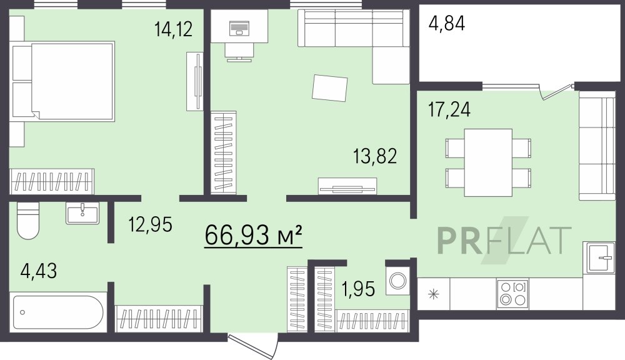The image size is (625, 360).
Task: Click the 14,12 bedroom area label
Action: pyautogui.click(x=173, y=29)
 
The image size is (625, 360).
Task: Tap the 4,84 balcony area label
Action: pyautogui.click(x=447, y=23)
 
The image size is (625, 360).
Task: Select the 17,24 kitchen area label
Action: pyautogui.click(x=449, y=109)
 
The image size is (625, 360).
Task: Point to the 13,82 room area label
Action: pyautogui.click(x=375, y=156)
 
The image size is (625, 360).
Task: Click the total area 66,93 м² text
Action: pyautogui.click(x=253, y=235)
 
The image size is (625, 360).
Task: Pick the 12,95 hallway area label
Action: pyautogui.click(x=150, y=224)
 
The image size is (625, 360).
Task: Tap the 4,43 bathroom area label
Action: pyautogui.click(x=39, y=271)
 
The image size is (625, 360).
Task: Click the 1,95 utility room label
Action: pyautogui.click(x=358, y=289)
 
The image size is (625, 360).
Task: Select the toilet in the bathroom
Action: pyautogui.click(x=28, y=221)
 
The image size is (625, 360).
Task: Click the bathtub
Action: pyautogui.click(x=58, y=312)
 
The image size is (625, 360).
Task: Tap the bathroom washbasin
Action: pyautogui.click(x=82, y=213)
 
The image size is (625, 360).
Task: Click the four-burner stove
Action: pyautogui.click(x=513, y=293)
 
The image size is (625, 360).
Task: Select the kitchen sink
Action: pyautogui.click(x=599, y=257)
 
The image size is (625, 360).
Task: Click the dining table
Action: pyautogui.click(x=488, y=162)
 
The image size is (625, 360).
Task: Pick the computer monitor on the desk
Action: pyautogui.click(x=239, y=28)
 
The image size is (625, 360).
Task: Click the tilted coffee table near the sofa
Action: pyautogui.click(x=329, y=87)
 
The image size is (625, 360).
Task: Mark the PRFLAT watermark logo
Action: pyautogui.click(x=504, y=240)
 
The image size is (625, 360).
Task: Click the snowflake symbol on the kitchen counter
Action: pyautogui.click(x=433, y=294)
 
